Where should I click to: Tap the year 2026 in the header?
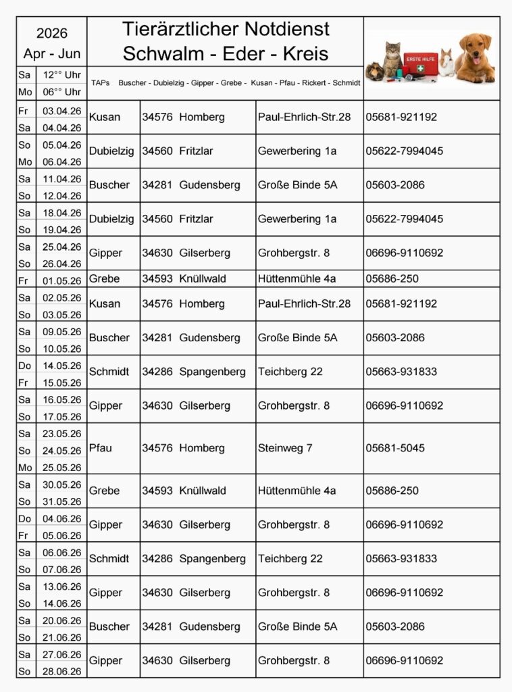tap(52, 34)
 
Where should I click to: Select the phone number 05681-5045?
tap(395, 448)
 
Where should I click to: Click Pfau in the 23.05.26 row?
tap(101, 448)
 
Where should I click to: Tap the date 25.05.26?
tap(61, 468)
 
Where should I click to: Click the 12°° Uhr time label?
tap(62, 75)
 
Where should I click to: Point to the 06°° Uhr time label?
tap(62, 92)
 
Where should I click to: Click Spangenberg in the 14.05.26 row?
tap(212, 372)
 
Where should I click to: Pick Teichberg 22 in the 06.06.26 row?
tap(290, 559)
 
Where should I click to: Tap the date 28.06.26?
tap(61, 672)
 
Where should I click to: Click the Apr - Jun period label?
tap(52, 53)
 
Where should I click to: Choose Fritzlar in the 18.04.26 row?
tap(196, 219)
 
